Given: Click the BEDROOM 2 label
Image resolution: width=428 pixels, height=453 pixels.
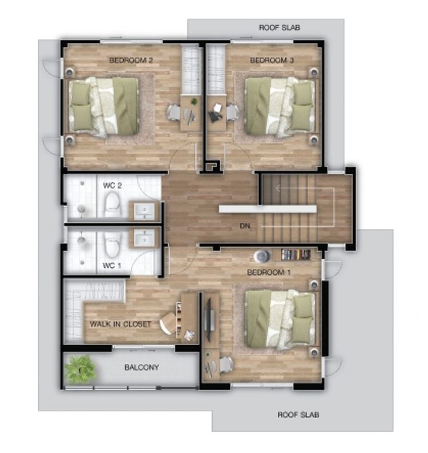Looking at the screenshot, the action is (131, 60).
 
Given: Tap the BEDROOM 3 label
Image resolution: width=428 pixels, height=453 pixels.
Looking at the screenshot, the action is (272, 60).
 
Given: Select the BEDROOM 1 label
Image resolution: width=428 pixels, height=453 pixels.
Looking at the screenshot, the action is (269, 272).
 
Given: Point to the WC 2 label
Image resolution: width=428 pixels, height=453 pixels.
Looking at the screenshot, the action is (112, 186).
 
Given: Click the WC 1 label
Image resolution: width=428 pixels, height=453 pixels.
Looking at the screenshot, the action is (112, 265).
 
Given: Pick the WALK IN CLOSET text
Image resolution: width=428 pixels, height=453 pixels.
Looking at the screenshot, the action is (120, 324).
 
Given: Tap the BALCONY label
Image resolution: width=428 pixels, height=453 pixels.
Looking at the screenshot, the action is (142, 367).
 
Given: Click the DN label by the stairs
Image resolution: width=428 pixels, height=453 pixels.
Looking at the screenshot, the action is (245, 226).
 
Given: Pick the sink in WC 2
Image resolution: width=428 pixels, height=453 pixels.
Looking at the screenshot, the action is (144, 211).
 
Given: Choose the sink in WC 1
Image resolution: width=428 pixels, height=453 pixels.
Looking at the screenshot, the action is (144, 238).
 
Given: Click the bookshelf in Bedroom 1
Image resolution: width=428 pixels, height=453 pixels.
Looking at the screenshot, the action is (296, 255).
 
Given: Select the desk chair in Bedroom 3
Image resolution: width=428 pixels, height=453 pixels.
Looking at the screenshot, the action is (232, 113).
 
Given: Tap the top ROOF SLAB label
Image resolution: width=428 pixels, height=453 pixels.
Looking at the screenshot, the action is (280, 27).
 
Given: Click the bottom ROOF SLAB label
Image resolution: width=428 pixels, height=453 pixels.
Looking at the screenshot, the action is (298, 415).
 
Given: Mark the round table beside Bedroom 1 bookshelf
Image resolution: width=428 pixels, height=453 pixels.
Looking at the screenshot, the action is (262, 256).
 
